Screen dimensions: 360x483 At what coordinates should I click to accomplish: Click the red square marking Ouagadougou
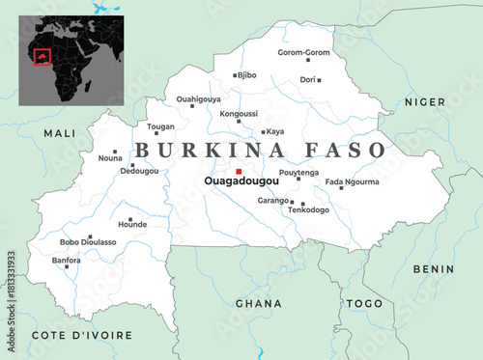(x=239, y=172)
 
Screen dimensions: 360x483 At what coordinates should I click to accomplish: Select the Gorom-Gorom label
(x=303, y=52)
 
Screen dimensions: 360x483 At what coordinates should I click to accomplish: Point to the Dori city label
(x=308, y=79)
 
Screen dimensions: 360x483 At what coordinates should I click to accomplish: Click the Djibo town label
(x=248, y=74)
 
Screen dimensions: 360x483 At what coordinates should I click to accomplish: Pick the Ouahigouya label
(x=198, y=98)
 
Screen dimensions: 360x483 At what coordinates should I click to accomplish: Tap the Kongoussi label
(x=239, y=114)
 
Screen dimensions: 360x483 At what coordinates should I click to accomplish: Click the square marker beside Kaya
(x=263, y=132)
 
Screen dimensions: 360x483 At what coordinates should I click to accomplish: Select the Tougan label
(x=159, y=125)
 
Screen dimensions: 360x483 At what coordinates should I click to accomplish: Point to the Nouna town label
(x=110, y=157)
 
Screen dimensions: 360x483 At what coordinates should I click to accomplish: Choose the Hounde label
(x=132, y=224)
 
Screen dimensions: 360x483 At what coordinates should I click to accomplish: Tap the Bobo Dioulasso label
(x=88, y=242)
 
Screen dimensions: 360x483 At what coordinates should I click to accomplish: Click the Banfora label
(x=66, y=260)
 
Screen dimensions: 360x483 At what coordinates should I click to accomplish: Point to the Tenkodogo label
(x=308, y=209)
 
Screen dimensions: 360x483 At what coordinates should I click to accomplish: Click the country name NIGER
(x=424, y=101)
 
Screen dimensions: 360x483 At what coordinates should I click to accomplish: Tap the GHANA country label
(x=258, y=303)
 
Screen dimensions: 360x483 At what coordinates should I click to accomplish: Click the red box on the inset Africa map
(x=42, y=57)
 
